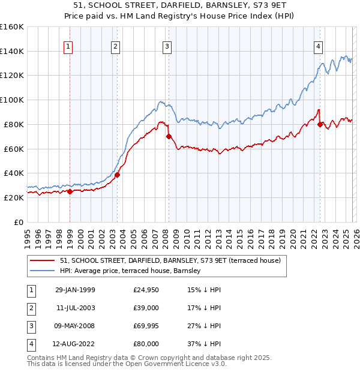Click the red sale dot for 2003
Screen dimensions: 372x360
[117, 175]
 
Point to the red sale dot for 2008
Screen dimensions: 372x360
[169, 137]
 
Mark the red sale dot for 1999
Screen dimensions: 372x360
[70, 192]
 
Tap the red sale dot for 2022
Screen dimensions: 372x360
[320, 124]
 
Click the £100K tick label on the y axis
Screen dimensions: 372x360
[12, 100]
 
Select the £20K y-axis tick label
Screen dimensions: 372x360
[13, 197]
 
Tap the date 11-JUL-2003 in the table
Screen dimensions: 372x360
[75, 307]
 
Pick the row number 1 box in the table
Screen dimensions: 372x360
[30, 289]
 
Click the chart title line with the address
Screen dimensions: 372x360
[180, 7]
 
